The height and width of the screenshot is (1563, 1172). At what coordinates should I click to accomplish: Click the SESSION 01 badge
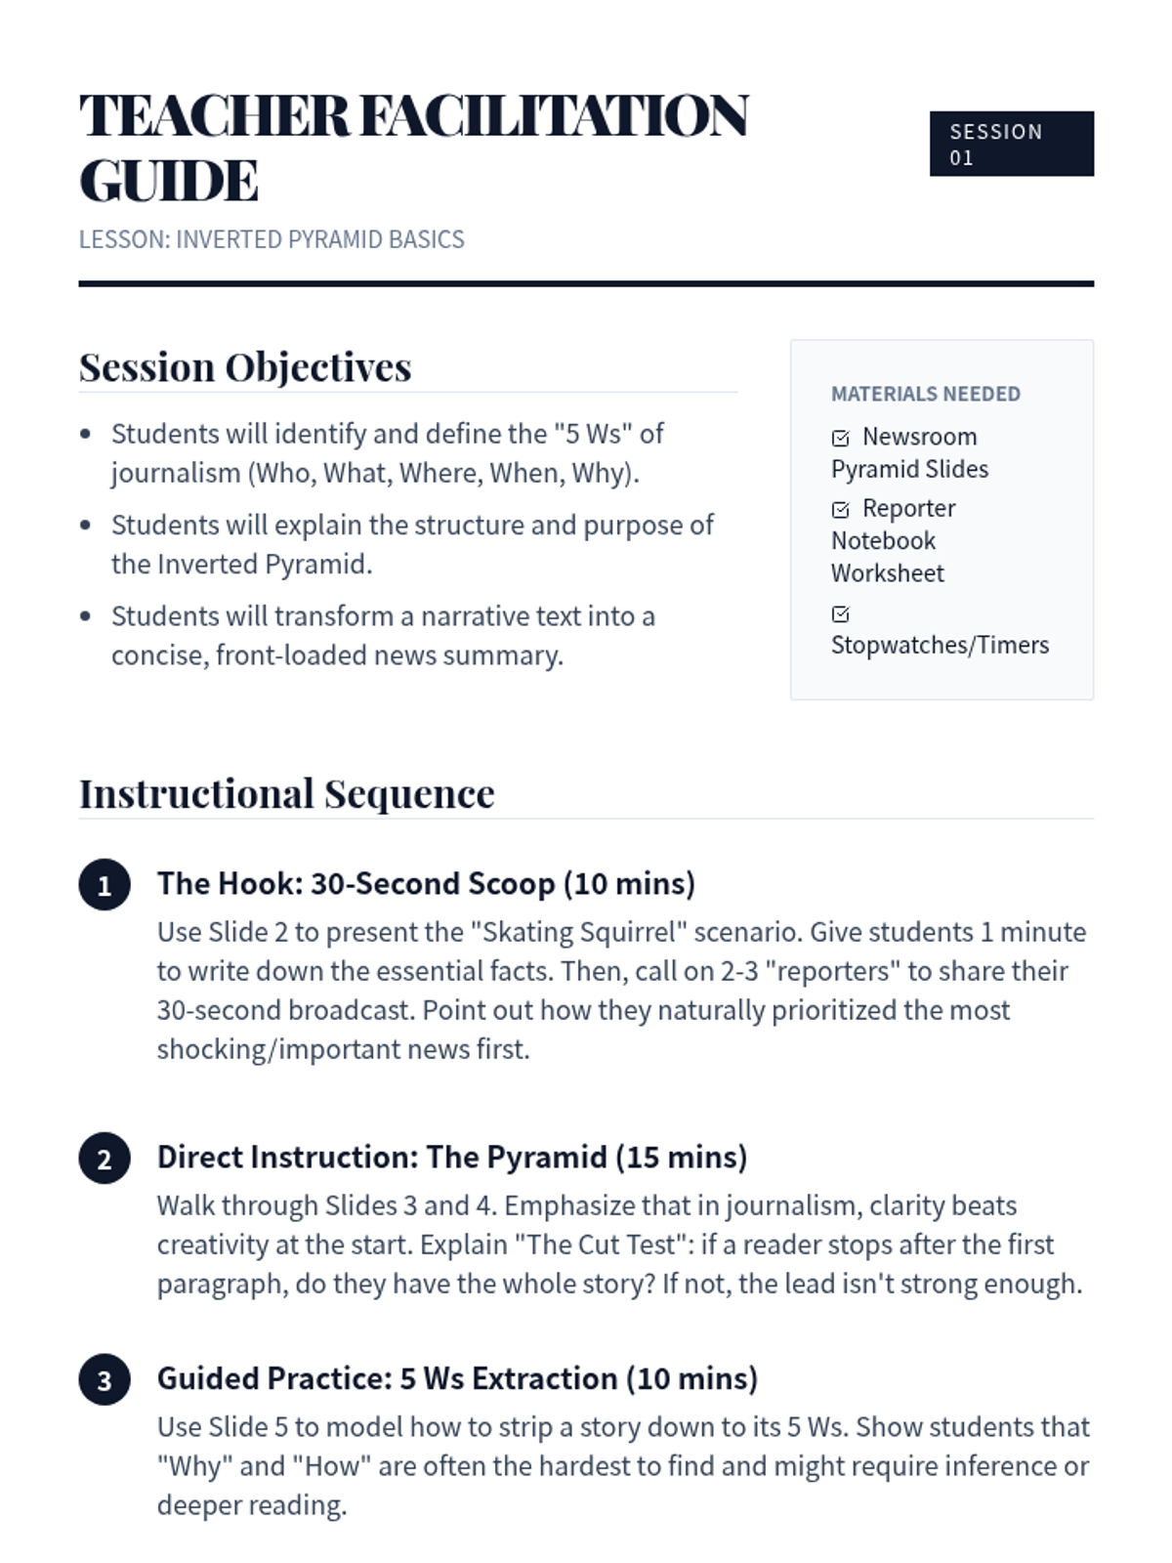(x=1011, y=144)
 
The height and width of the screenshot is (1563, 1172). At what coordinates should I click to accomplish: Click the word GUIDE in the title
(x=169, y=182)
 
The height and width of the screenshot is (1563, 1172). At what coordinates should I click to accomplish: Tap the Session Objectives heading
(x=245, y=367)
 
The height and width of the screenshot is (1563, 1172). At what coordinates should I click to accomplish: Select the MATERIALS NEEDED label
(x=925, y=394)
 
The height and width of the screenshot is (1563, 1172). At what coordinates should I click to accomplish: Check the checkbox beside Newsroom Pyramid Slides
(x=840, y=438)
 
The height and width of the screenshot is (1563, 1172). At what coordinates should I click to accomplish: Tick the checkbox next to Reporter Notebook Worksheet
(x=840, y=509)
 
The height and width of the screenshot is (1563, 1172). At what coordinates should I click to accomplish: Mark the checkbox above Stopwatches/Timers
(x=840, y=613)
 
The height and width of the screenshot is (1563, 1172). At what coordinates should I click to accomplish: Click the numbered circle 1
(x=105, y=885)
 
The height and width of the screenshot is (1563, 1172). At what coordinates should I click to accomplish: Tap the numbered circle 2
(x=105, y=1159)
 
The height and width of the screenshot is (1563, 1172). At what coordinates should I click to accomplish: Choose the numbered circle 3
(x=105, y=1380)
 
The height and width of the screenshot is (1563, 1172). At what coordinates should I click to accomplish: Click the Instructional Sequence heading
(x=286, y=793)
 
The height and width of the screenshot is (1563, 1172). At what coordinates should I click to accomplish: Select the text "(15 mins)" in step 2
(x=681, y=1157)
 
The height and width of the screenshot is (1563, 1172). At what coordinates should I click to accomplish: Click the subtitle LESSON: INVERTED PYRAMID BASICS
(x=272, y=239)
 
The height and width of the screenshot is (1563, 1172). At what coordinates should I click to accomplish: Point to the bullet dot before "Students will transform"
(x=86, y=616)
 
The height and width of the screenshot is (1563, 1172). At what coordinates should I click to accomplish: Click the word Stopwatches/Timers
(x=940, y=645)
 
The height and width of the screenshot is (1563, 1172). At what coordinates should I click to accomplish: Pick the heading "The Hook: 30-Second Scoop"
(x=356, y=883)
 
